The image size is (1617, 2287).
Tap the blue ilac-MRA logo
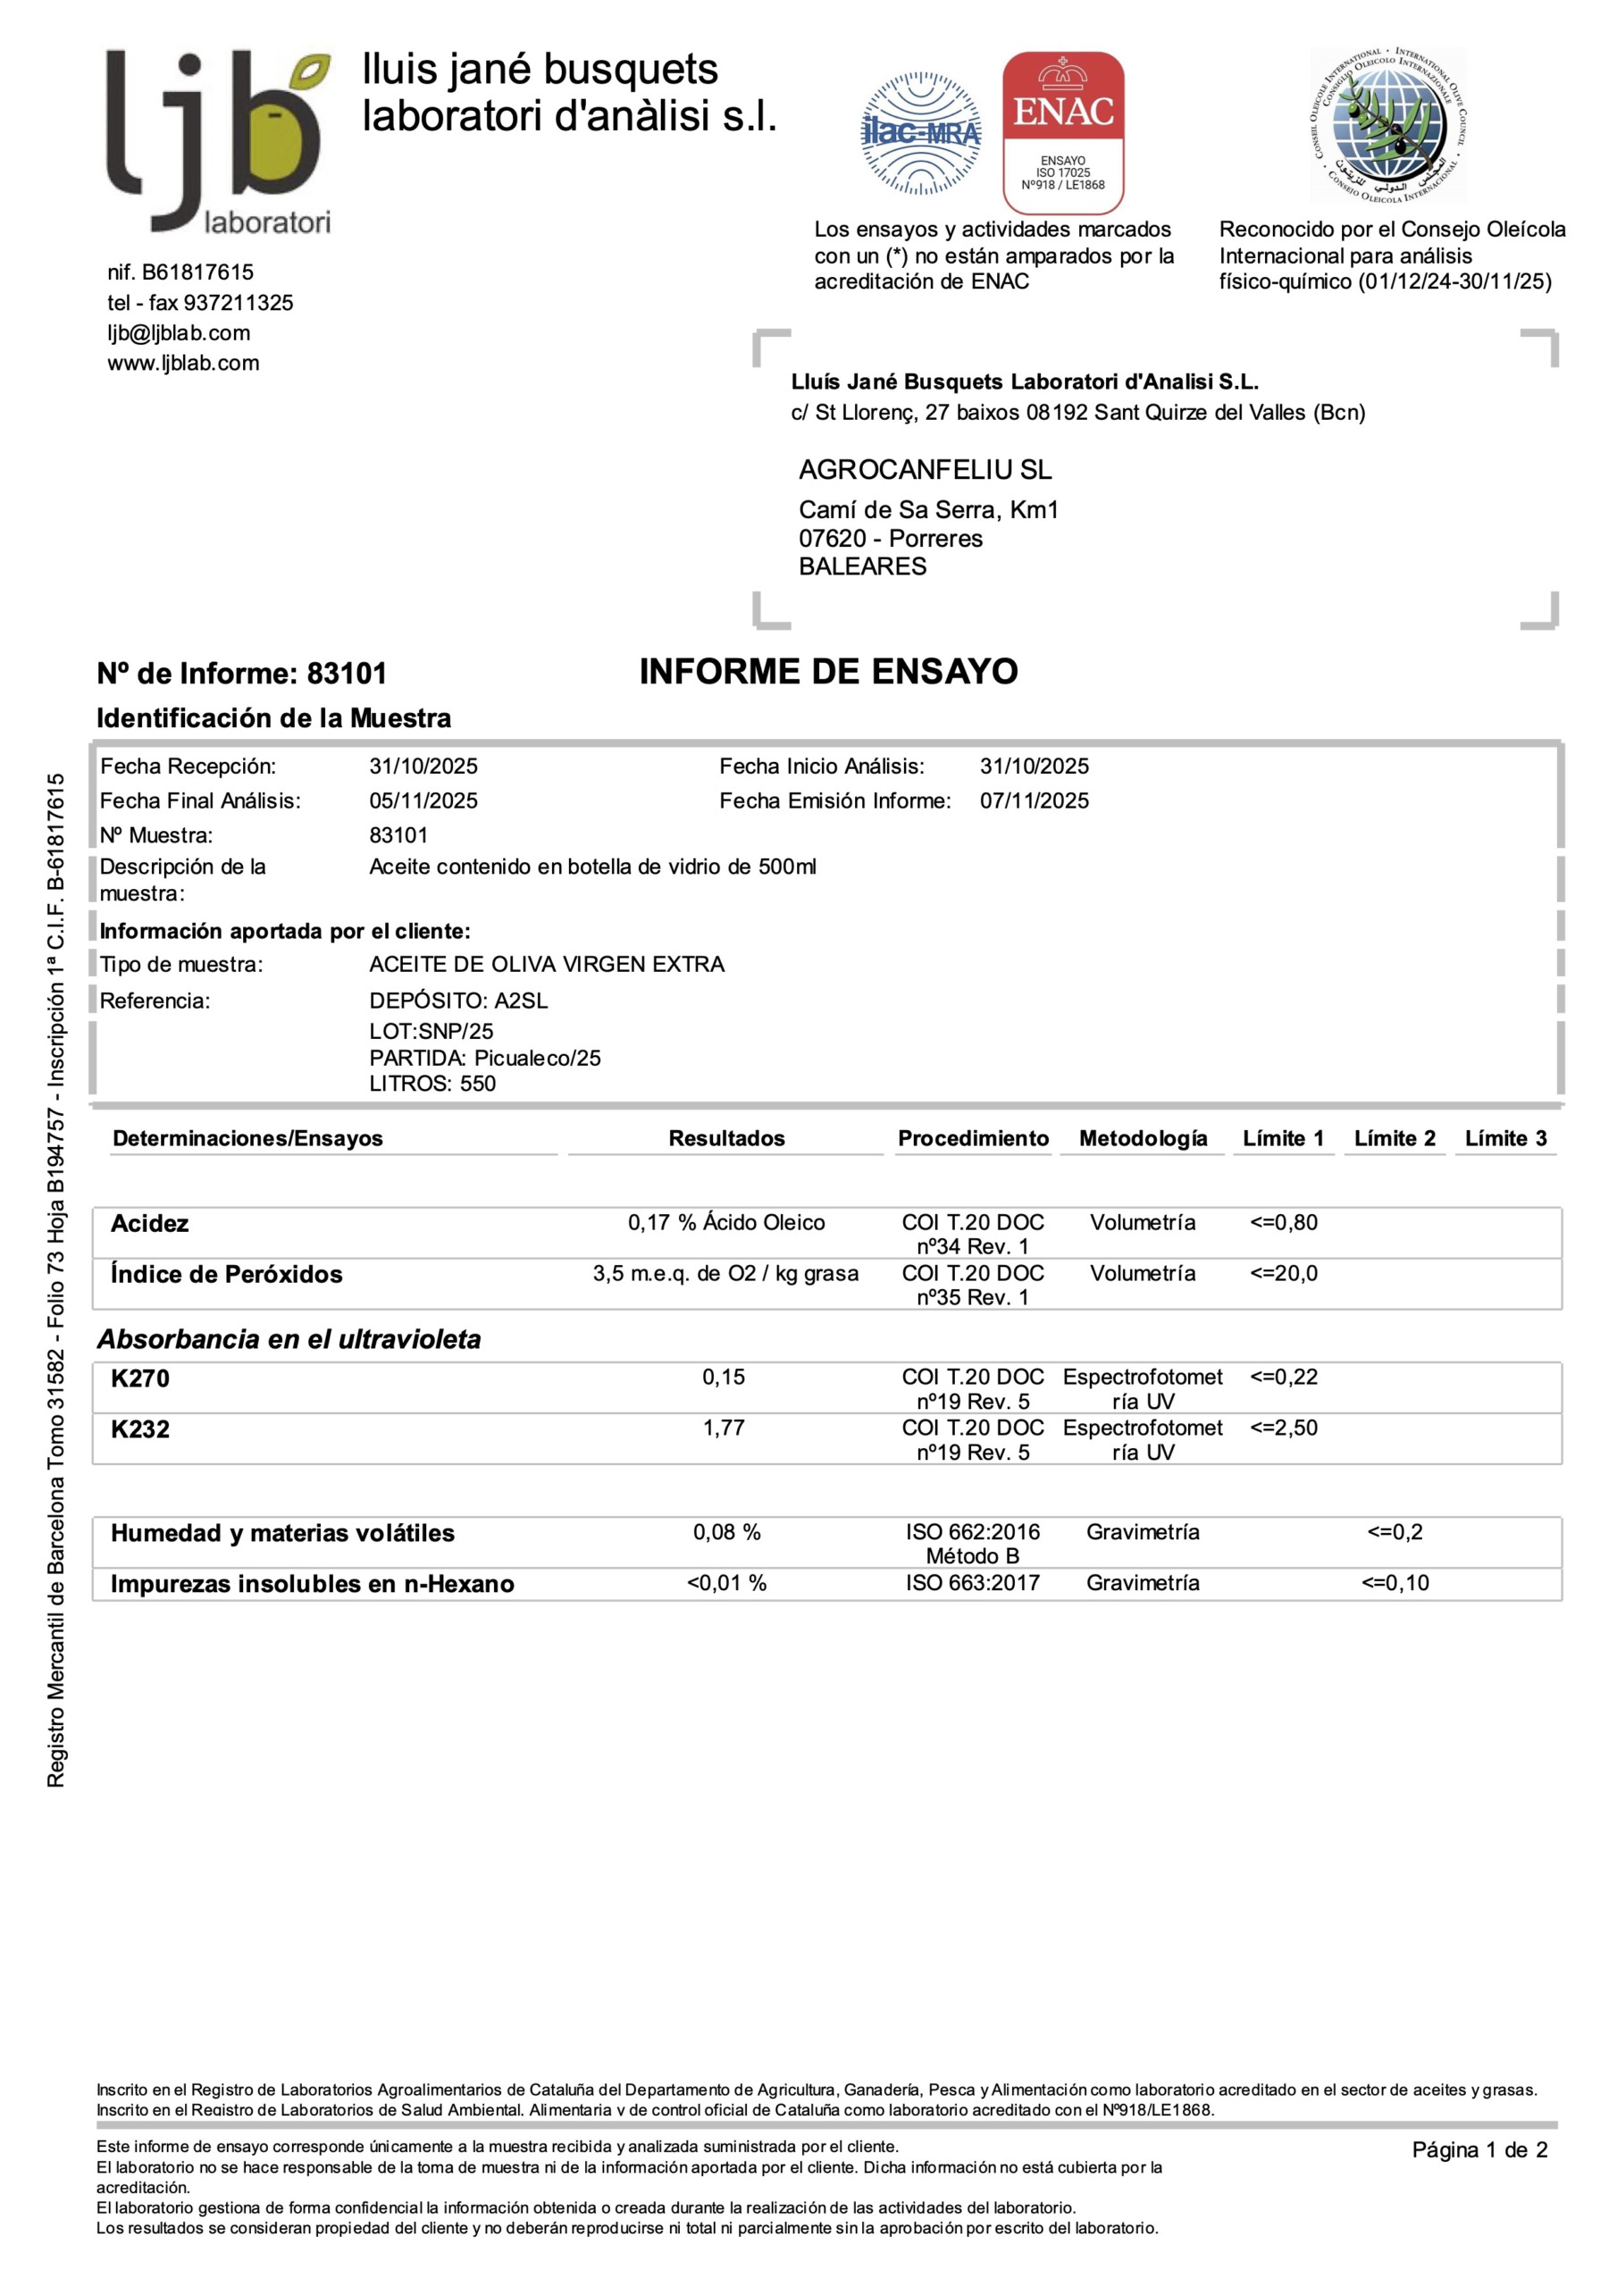pyautogui.click(x=920, y=132)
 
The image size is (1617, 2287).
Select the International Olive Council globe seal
pyautogui.click(x=1387, y=124)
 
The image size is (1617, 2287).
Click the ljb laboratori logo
pyautogui.click(x=218, y=141)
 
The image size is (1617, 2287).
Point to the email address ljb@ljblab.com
pyautogui.click(x=180, y=332)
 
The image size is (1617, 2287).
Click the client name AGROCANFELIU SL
pyautogui.click(x=925, y=469)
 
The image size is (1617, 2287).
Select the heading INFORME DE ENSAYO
pyautogui.click(x=828, y=673)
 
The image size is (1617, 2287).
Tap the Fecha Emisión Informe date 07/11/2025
pyautogui.click(x=1035, y=800)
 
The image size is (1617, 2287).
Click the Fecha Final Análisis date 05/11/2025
pyautogui.click(x=423, y=800)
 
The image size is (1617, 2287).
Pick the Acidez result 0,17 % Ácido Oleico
pyautogui.click(x=726, y=1222)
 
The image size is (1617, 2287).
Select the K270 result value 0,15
pyautogui.click(x=724, y=1377)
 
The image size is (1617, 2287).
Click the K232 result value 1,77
pyautogui.click(x=724, y=1428)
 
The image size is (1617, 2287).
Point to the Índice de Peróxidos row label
pyautogui.click(x=226, y=1274)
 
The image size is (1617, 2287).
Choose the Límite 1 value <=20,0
pyautogui.click(x=1283, y=1273)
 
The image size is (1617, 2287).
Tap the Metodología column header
pyautogui.click(x=1143, y=1138)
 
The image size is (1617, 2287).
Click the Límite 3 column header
pyautogui.click(x=1505, y=1138)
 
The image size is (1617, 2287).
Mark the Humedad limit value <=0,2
pyautogui.click(x=1395, y=1532)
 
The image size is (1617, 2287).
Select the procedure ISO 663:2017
pyautogui.click(x=972, y=1583)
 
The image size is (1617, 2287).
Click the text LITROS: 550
pyautogui.click(x=432, y=1084)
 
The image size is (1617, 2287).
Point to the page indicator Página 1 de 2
pyautogui.click(x=1479, y=2149)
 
